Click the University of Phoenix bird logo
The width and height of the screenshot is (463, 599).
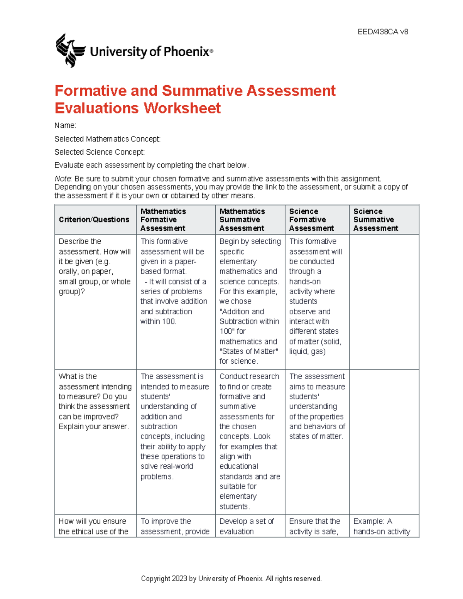click(x=70, y=51)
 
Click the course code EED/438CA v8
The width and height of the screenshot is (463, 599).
click(x=383, y=32)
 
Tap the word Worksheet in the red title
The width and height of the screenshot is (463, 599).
click(x=182, y=108)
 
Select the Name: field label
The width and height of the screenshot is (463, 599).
click(x=65, y=125)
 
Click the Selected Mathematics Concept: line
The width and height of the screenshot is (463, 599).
click(x=107, y=139)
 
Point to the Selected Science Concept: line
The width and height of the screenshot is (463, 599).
click(x=100, y=152)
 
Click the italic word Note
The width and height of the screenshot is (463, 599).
click(x=63, y=179)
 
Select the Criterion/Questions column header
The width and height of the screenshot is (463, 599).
click(x=94, y=219)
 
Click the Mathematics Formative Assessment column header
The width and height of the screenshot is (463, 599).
click(x=163, y=219)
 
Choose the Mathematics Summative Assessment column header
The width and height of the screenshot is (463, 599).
click(x=242, y=219)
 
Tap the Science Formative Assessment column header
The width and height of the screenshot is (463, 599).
click(x=311, y=219)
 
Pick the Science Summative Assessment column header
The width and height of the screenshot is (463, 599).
click(x=375, y=219)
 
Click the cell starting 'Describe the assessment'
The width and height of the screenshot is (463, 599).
click(x=95, y=266)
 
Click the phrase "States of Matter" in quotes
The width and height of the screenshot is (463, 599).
click(x=248, y=351)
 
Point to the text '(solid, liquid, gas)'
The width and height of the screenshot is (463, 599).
click(x=314, y=347)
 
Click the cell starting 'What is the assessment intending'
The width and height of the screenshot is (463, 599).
click(x=95, y=401)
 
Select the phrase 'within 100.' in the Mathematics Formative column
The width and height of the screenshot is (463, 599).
click(x=158, y=321)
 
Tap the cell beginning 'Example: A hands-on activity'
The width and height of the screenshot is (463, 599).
click(x=381, y=526)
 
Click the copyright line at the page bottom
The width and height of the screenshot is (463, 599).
click(x=231, y=579)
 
